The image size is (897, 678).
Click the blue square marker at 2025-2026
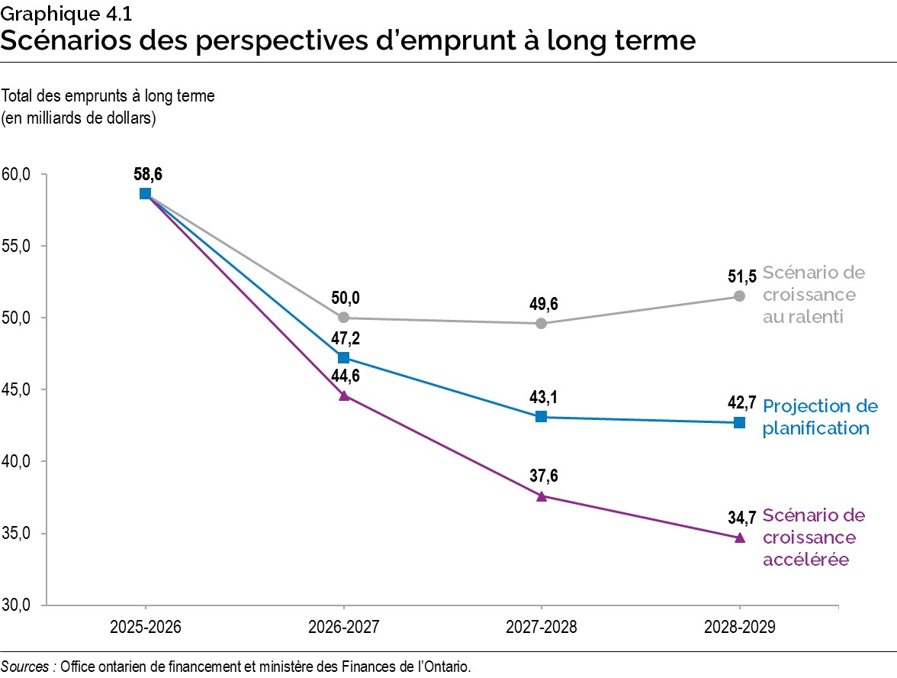145,193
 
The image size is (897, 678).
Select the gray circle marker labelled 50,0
343,318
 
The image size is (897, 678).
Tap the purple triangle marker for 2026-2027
343,395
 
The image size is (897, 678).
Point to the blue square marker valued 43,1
541,416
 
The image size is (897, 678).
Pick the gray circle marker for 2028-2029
739,296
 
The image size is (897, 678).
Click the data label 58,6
148,175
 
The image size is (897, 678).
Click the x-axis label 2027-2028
541,628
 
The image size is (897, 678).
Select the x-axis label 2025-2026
145,628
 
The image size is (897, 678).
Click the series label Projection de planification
819,417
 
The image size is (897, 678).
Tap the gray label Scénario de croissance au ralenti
813,295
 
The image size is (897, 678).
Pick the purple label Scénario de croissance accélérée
813,538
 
